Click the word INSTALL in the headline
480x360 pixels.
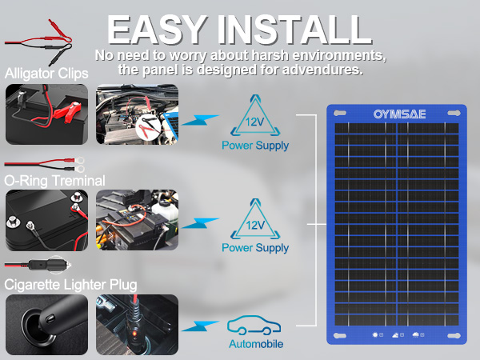coord(297,30)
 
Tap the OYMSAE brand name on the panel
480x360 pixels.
coord(398,114)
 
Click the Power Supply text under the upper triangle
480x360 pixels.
coord(254,146)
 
